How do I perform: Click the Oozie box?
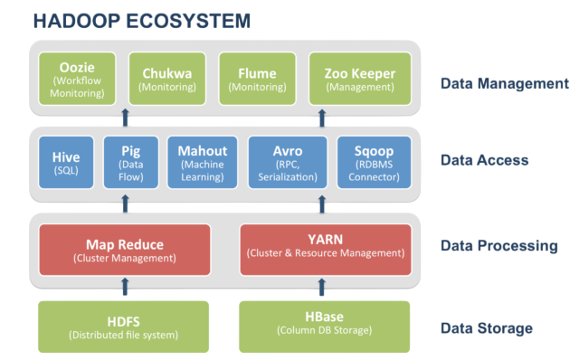point(77,80)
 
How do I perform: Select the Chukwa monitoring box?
point(167,80)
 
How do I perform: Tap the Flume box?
point(258,80)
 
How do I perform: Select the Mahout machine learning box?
point(203,162)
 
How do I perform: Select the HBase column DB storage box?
point(325,327)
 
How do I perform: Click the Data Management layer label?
point(504,84)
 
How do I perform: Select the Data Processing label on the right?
point(498,246)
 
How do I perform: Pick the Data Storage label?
point(486,328)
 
